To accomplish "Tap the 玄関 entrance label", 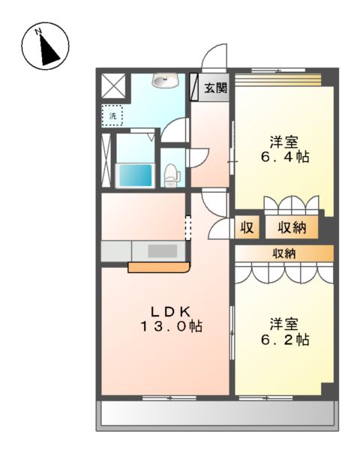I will pyautogui.click(x=216, y=87).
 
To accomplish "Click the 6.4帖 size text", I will pyautogui.click(x=285, y=157).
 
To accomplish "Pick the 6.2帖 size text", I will pyautogui.click(x=285, y=340).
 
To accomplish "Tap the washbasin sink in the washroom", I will pyautogui.click(x=164, y=80).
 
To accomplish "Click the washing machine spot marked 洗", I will pyautogui.click(x=112, y=115).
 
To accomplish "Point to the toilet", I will pyautogui.click(x=172, y=175).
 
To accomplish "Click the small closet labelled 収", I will pyautogui.click(x=246, y=228).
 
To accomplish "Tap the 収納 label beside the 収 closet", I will pyautogui.click(x=289, y=228).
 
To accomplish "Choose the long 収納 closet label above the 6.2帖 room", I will pyautogui.click(x=283, y=253).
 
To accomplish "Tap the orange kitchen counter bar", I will pyautogui.click(x=158, y=266).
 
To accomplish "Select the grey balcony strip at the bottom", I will pyautogui.click(x=217, y=413).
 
